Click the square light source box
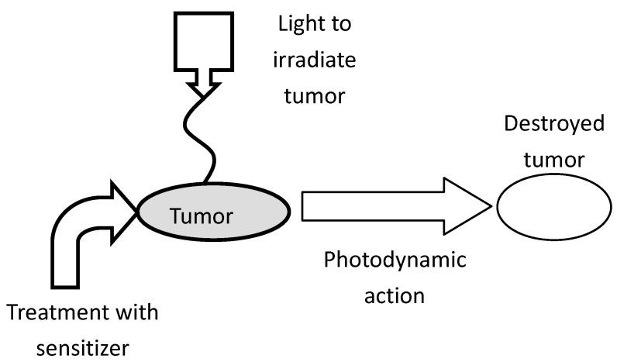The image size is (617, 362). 203,39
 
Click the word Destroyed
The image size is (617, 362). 553,125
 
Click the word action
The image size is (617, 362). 395,295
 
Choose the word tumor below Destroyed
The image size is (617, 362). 553,159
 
